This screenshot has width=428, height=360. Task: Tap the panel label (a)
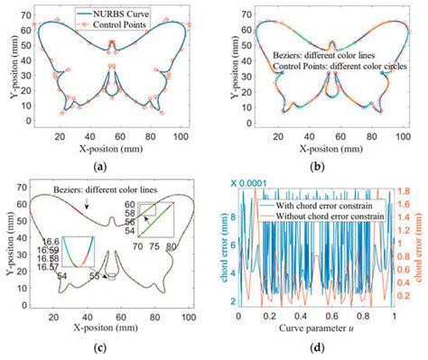point(107,163)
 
